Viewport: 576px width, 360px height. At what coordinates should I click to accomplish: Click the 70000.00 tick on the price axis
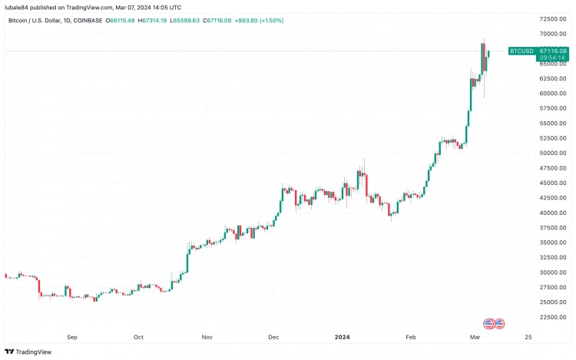[552, 34]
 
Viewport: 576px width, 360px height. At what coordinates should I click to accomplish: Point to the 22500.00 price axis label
[552, 317]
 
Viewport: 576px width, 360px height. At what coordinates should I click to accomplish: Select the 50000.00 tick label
[552, 153]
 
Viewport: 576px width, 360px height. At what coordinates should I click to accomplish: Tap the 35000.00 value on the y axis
[552, 243]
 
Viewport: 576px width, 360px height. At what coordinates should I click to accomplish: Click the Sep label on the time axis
[72, 336]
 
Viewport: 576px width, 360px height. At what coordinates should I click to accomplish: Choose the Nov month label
[207, 336]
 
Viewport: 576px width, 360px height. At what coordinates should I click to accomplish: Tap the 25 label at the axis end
[528, 336]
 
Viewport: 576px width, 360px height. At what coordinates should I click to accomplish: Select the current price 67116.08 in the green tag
[552, 51]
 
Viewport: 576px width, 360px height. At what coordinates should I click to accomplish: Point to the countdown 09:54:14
[552, 58]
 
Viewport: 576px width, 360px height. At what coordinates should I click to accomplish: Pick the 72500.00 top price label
[552, 18]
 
